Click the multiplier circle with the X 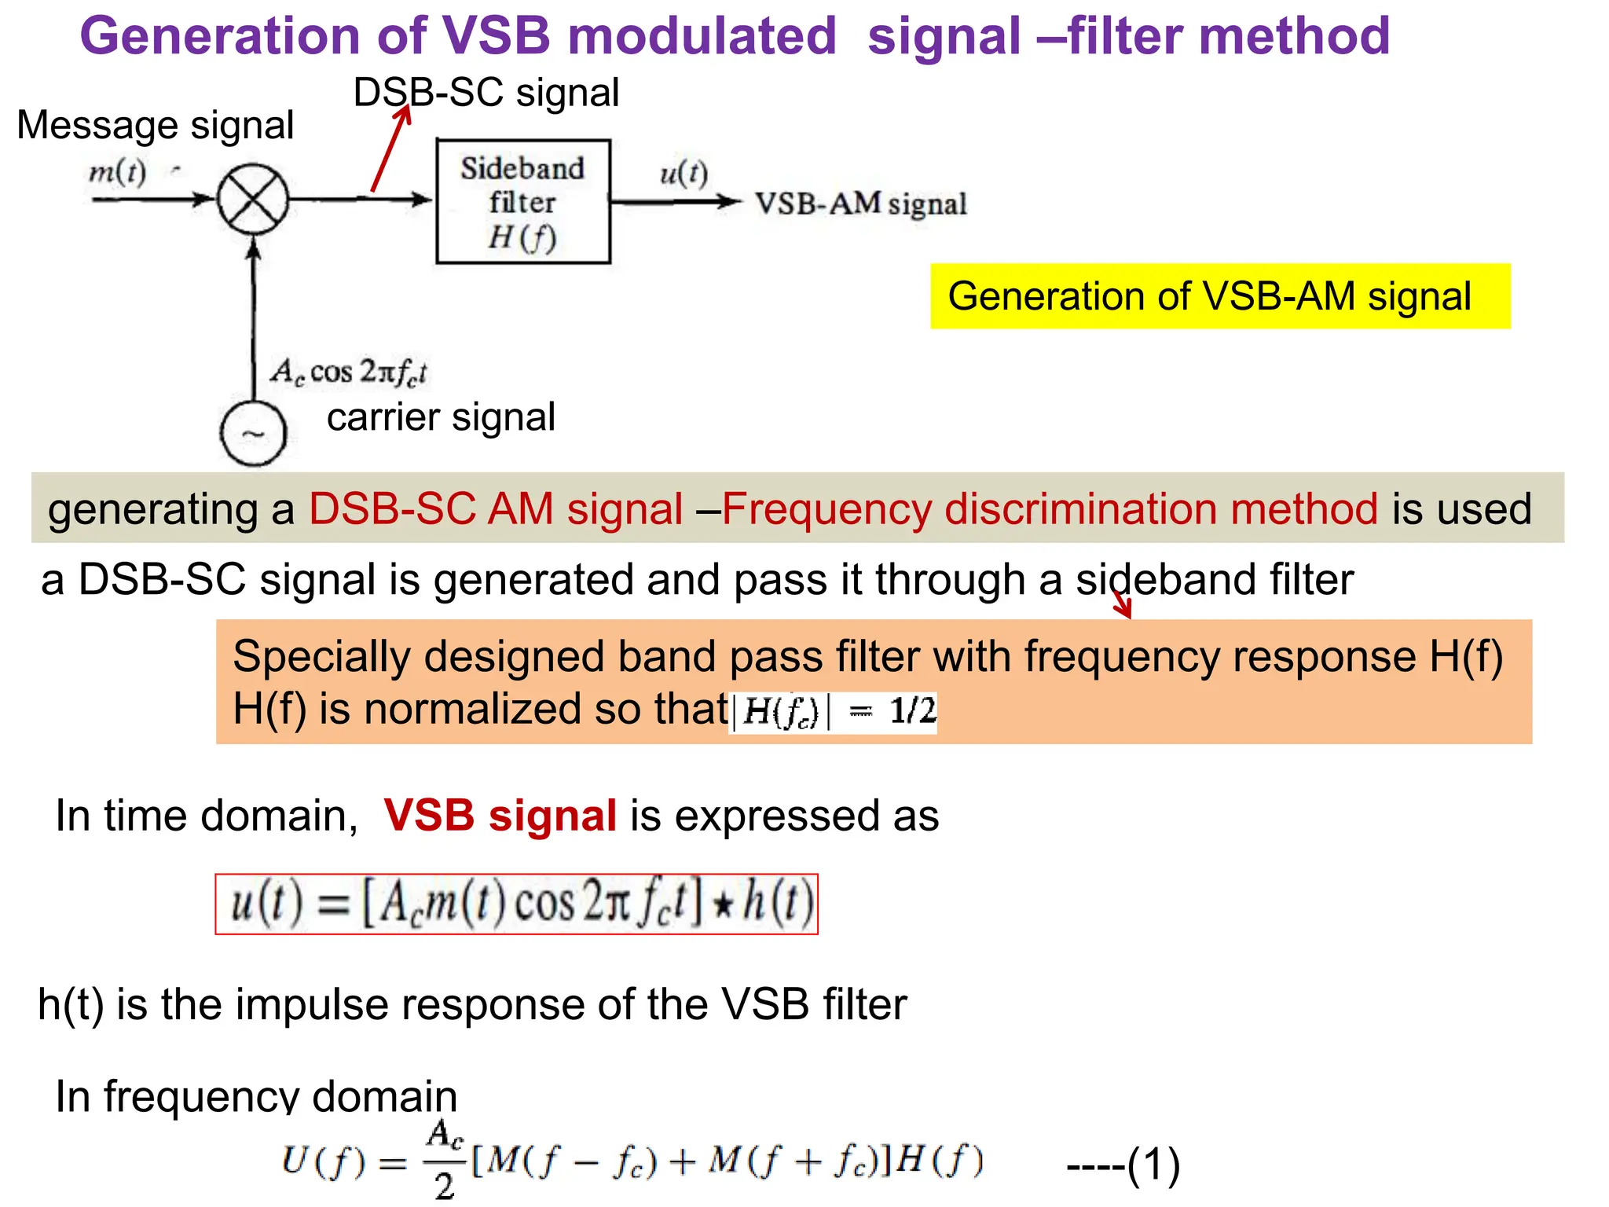pos(252,200)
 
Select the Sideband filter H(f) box pos(522,201)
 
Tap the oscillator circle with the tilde pos(253,434)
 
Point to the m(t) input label pos(118,171)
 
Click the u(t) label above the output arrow pos(684,173)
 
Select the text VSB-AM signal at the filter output pos(860,204)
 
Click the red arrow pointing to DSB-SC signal pos(390,149)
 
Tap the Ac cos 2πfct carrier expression pos(349,371)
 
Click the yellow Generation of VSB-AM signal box pos(1219,296)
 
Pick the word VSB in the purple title pos(496,36)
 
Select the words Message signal pos(156,125)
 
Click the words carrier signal pos(441,416)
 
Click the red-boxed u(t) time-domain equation pos(516,904)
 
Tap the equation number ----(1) pos(1123,1165)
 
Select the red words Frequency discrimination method pos(1050,508)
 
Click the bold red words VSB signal pos(500,815)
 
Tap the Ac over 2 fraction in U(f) pos(445,1161)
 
